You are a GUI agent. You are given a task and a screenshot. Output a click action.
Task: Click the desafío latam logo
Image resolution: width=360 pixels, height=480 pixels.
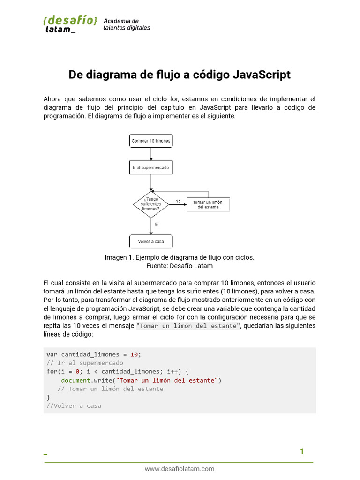click(70, 24)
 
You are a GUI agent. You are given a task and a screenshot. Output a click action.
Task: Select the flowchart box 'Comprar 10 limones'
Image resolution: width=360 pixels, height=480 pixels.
click(151, 141)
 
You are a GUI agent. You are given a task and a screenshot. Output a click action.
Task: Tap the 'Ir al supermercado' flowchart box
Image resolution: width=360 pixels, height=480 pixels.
click(151, 167)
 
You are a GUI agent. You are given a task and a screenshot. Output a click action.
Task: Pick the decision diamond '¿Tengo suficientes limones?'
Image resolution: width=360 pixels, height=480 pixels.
click(151, 204)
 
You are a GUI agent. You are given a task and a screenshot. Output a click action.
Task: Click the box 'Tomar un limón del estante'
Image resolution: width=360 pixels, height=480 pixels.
click(208, 204)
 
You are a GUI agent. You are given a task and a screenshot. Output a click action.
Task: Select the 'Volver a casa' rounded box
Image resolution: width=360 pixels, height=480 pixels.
click(151, 241)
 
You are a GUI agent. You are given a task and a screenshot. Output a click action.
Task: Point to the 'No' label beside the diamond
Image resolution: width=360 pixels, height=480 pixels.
click(178, 201)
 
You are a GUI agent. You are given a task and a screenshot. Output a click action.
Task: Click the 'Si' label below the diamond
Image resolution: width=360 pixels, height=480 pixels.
click(157, 224)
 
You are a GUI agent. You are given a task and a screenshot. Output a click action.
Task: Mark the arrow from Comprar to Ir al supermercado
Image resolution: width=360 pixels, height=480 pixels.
click(151, 154)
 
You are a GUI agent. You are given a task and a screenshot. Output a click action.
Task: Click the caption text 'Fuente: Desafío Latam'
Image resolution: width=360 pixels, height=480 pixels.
click(180, 266)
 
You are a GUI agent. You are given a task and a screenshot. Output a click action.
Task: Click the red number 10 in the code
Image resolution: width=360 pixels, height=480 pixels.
click(135, 354)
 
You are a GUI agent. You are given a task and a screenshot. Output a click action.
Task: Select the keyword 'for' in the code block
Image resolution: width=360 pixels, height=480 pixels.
click(52, 371)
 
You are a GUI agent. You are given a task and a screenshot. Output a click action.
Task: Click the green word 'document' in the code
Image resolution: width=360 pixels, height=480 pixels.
click(75, 380)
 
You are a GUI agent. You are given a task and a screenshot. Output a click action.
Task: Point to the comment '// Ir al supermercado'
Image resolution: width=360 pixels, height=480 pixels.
click(85, 363)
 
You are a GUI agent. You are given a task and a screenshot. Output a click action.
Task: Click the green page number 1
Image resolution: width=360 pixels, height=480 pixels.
click(302, 451)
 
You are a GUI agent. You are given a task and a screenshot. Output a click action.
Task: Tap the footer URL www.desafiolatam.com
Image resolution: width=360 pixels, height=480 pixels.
click(180, 469)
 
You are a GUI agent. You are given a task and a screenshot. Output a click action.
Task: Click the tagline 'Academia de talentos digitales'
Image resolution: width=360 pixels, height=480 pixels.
click(127, 24)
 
